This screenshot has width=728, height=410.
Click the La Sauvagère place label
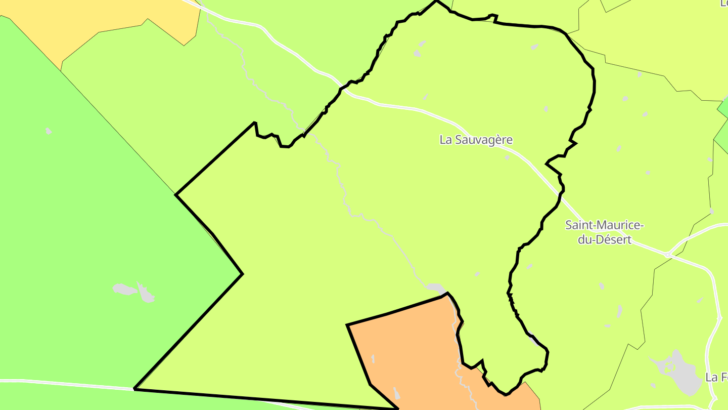[476, 140]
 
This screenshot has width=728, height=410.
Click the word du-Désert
[605, 239]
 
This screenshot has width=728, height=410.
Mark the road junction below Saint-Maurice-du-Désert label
[668, 254]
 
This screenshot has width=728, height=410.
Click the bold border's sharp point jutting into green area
[242, 274]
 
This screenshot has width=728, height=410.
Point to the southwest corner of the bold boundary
[134, 389]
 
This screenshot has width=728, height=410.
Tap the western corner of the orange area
[347, 325]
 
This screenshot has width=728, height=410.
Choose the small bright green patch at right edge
[723, 107]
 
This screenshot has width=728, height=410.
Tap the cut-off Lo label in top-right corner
[723, 3]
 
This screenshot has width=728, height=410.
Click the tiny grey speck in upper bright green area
[48, 131]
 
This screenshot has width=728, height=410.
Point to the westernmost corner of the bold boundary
[176, 194]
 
